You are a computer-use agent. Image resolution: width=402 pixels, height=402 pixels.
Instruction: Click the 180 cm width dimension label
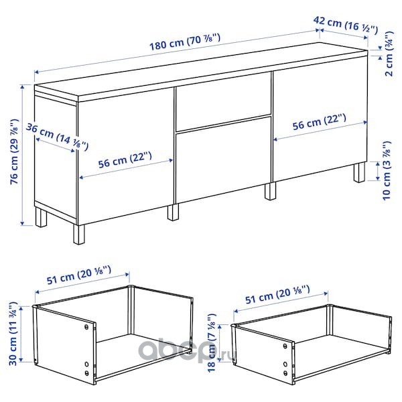pyautogui.click(x=185, y=42)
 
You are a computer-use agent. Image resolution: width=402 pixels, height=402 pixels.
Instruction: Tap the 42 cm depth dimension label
pyautogui.click(x=346, y=25)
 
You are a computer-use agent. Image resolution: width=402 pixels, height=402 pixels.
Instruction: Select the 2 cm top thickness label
pyautogui.click(x=389, y=54)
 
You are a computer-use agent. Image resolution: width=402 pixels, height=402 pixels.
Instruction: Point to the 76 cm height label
pyautogui.click(x=15, y=152)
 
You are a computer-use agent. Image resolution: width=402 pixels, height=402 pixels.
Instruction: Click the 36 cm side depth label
pyautogui.click(x=57, y=137)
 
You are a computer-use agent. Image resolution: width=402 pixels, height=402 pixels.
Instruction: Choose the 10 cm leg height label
pyautogui.click(x=387, y=170)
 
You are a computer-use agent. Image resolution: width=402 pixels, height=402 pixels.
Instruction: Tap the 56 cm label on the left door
pyautogui.click(x=125, y=160)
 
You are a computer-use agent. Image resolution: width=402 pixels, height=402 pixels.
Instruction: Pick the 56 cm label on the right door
pyautogui.click(x=319, y=122)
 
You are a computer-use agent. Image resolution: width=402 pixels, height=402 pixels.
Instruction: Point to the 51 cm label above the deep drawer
pyautogui.click(x=79, y=275)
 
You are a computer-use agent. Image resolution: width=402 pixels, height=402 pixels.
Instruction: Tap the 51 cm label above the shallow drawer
pyautogui.click(x=277, y=295)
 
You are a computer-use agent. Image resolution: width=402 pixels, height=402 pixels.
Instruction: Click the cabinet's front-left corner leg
pyautogui.click(x=78, y=234)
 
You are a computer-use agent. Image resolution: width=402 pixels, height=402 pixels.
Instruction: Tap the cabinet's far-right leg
pyautogui.click(x=359, y=172)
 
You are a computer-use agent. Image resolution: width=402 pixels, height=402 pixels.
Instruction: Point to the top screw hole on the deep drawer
pyautogui.click(x=86, y=327)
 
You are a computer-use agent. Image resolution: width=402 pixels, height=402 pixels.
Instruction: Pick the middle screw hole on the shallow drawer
pyautogui.click(x=285, y=364)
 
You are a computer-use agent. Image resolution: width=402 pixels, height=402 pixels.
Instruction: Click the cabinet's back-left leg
pyautogui.click(x=41, y=217)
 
